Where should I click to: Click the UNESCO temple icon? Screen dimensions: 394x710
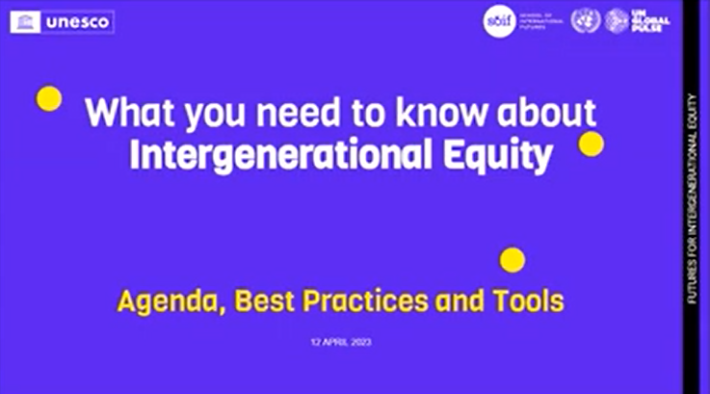[x=26, y=21]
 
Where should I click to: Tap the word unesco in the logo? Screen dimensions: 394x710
[x=77, y=21]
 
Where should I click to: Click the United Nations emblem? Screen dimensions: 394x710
[x=585, y=21]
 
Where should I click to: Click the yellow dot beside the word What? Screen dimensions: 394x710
[x=48, y=98]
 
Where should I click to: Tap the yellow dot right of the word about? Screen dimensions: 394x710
[x=591, y=144]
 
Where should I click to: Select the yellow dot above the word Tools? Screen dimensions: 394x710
[x=513, y=259]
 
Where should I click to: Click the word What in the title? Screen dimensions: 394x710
[x=130, y=114]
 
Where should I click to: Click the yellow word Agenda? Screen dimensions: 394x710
[x=166, y=302]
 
